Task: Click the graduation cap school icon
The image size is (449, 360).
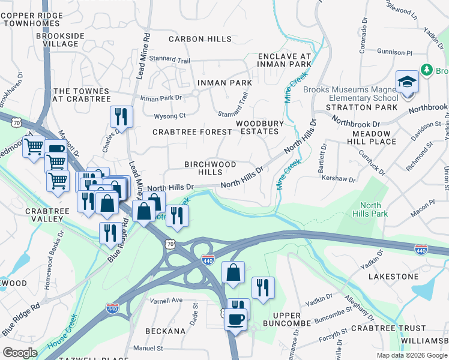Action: (x=407, y=82)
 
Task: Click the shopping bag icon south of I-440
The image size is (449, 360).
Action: (x=234, y=273)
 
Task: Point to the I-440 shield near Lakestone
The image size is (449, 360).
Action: (x=421, y=247)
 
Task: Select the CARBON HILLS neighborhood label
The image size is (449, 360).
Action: (x=200, y=39)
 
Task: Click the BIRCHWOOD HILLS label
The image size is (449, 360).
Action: (x=210, y=168)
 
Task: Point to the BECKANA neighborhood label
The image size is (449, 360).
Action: (x=164, y=331)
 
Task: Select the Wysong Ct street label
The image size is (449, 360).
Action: (x=170, y=115)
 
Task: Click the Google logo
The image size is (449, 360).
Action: (x=20, y=352)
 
